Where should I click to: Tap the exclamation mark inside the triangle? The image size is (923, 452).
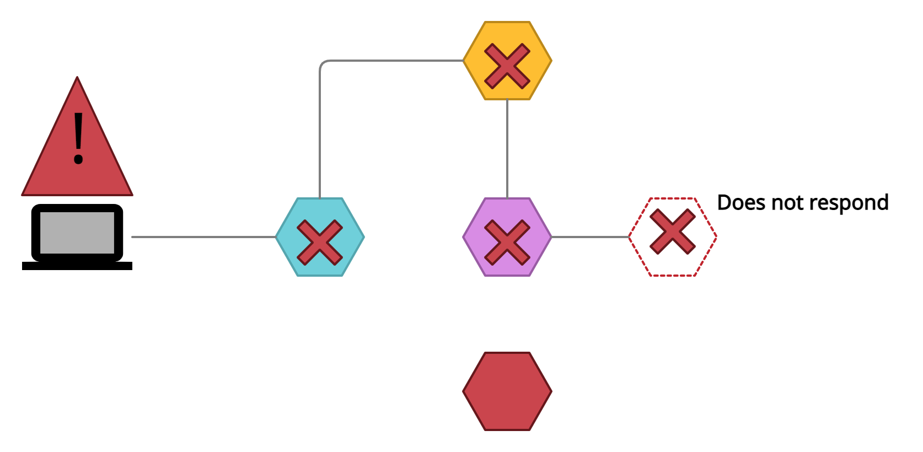78,138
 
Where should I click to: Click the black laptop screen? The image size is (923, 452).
77,232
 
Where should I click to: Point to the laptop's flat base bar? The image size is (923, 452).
77,266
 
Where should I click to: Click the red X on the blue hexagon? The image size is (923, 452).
320,243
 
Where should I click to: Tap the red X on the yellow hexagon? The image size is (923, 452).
507,66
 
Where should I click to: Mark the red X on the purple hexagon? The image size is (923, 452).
507,243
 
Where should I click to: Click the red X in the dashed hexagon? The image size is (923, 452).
673,232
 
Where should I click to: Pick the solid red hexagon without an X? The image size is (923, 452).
507,391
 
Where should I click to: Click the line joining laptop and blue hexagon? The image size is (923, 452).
204,237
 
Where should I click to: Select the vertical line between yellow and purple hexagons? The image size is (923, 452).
507,149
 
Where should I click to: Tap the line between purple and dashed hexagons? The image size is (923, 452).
590,237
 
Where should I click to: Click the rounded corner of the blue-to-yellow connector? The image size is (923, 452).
322,63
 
